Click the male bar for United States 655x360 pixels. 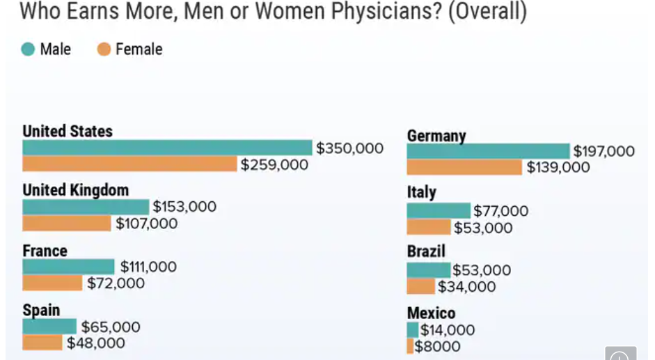(x=167, y=148)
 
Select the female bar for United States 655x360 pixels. (x=129, y=164)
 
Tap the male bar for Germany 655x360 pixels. (x=488, y=151)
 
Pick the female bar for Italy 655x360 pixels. (x=429, y=228)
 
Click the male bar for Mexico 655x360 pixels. (x=413, y=330)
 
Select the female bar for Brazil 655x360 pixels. (x=420, y=287)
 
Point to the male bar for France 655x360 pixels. (x=68, y=267)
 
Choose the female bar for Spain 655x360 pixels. (x=42, y=343)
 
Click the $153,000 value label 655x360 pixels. (x=184, y=207)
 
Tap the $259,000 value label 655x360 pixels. (x=274, y=165)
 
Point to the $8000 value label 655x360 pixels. (x=437, y=347)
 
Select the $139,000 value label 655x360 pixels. (x=558, y=167)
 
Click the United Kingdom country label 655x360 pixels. (x=75, y=190)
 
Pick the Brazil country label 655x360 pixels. (x=426, y=251)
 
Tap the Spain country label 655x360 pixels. (x=41, y=310)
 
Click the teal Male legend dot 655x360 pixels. (x=28, y=49)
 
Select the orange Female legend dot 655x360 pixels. (x=104, y=49)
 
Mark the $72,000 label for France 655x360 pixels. (x=116, y=283)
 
